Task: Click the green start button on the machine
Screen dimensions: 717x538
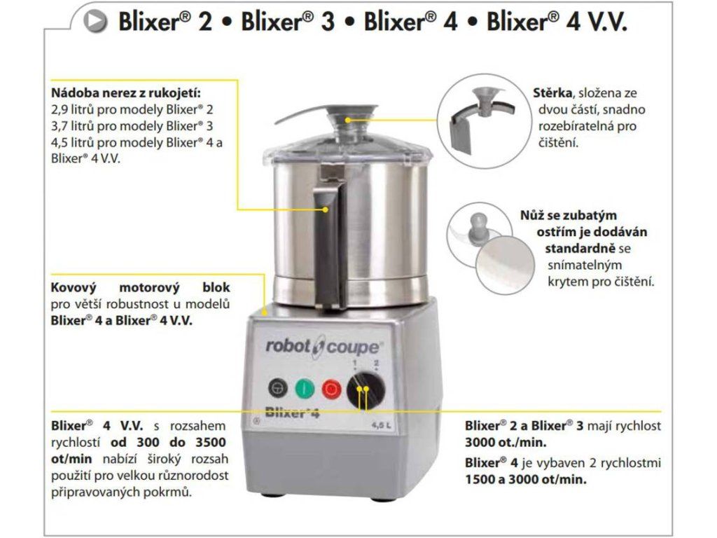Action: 304,389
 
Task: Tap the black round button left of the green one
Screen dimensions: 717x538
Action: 277,388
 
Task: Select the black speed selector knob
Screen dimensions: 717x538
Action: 366,390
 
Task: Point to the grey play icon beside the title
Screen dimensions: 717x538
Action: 95,21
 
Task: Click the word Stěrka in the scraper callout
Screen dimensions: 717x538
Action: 552,93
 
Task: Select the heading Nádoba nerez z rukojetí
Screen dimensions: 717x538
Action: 126,93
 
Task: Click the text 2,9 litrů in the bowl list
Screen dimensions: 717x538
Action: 72,110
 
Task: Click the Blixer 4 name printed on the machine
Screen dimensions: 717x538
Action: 292,412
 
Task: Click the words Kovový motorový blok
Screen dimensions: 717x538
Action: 140,288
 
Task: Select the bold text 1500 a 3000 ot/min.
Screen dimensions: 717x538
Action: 526,479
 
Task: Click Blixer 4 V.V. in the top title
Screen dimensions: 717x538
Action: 557,21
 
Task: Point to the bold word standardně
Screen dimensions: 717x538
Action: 580,249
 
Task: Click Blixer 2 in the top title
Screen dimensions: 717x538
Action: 165,21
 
